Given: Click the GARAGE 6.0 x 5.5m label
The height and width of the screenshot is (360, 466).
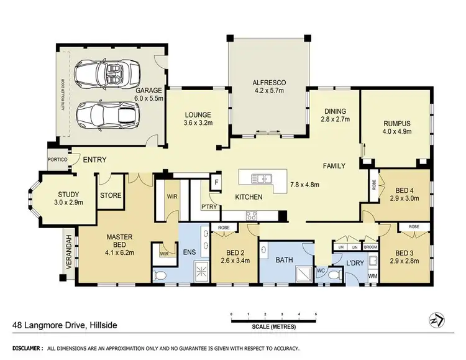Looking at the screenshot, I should pyautogui.click(x=149, y=94).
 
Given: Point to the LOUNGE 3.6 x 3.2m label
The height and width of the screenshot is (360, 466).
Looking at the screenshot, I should pyautogui.click(x=198, y=119).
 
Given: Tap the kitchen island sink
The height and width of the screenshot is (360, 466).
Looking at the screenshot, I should pyautogui.click(x=263, y=179).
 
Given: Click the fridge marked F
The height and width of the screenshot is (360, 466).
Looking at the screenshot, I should pyautogui.click(x=216, y=182).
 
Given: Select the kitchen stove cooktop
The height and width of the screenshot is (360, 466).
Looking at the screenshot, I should pyautogui.click(x=252, y=216).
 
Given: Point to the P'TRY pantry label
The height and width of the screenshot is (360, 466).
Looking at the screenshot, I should pyautogui.click(x=208, y=206).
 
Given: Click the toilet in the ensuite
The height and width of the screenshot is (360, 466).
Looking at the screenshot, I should pyautogui.click(x=159, y=274).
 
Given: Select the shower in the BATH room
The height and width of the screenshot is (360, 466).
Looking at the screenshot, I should pyautogui.click(x=303, y=272).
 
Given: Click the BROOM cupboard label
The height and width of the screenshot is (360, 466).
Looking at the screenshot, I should pyautogui.click(x=370, y=247).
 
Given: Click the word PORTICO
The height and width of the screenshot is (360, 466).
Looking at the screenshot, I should pyautogui.click(x=57, y=159).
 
